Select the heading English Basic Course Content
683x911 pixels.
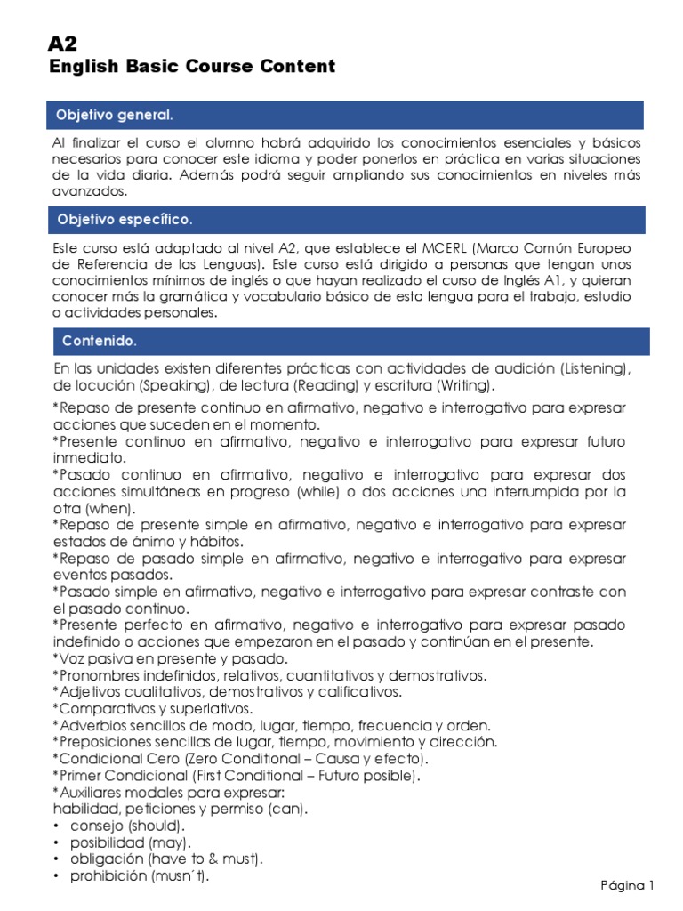[x=192, y=66]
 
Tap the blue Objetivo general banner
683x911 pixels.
[x=344, y=116]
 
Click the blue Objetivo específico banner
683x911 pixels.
[x=344, y=219]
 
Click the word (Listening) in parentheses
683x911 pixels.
[x=596, y=368]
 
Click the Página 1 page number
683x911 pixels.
[x=628, y=884]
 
